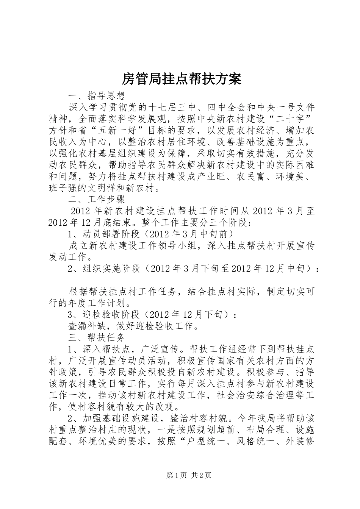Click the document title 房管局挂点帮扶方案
point(182,79)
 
